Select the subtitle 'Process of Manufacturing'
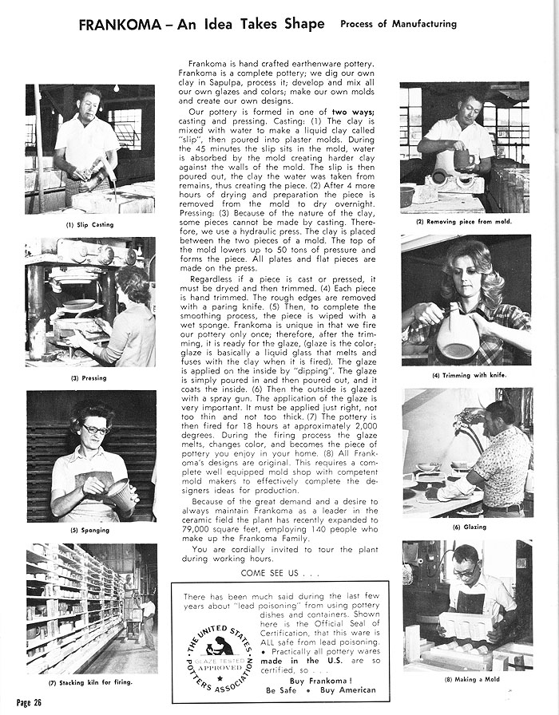[x=398, y=24]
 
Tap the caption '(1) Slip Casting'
[x=89, y=225]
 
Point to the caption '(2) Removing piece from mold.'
[x=464, y=221]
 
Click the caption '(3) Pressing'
[x=88, y=377]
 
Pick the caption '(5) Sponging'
[x=89, y=530]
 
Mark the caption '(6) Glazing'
[x=469, y=527]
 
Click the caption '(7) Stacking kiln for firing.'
[x=89, y=683]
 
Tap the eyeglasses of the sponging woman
[x=95, y=430]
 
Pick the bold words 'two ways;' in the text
[x=346, y=113]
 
